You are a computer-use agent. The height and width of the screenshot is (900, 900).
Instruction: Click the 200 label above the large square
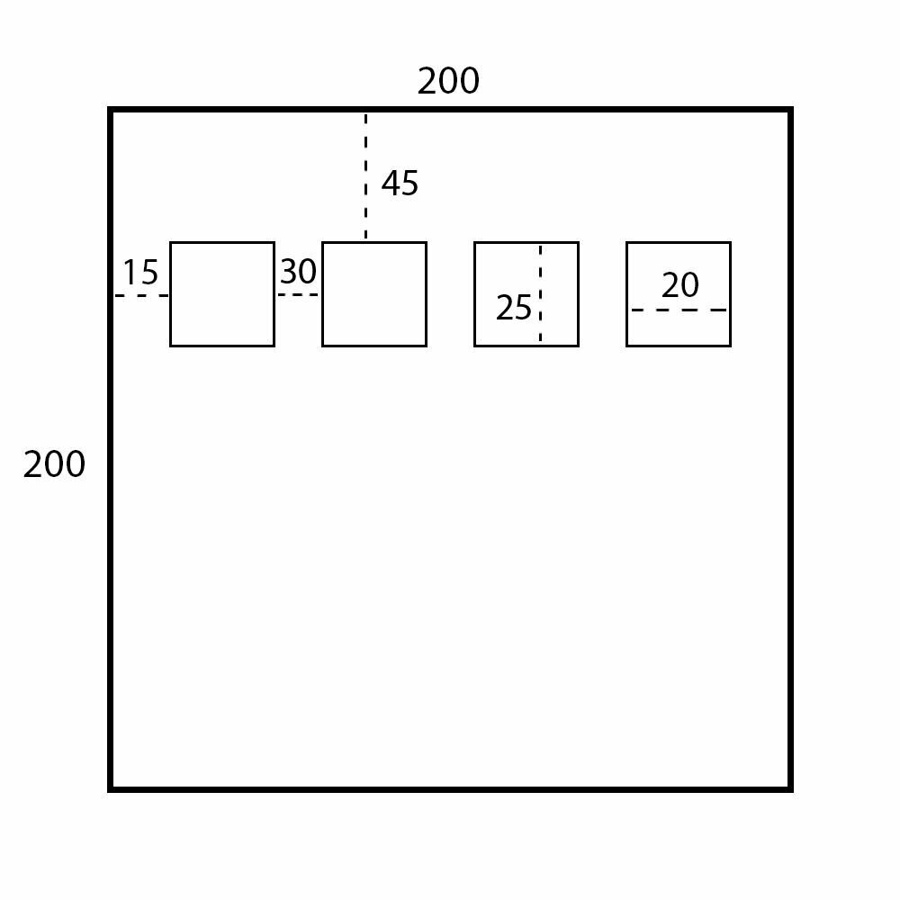coord(448,82)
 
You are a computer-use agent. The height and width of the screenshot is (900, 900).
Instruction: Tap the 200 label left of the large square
coord(54,464)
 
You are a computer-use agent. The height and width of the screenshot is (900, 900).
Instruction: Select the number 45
coord(400,184)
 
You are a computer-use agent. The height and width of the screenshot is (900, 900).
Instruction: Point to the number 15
coord(140,271)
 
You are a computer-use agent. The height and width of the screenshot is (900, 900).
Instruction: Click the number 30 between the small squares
coord(298,271)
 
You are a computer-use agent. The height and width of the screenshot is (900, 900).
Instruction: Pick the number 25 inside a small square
coord(514,308)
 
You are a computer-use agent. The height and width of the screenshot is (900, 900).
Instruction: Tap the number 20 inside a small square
coord(679,285)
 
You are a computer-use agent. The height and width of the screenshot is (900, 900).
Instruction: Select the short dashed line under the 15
coord(141,295)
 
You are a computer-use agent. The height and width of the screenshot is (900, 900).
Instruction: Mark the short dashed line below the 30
coord(298,294)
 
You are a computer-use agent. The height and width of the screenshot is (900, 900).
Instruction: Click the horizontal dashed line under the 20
coord(679,310)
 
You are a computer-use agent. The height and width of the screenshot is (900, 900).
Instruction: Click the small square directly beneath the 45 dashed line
coord(374,294)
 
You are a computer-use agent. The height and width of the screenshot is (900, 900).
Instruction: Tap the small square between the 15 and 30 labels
coord(222,294)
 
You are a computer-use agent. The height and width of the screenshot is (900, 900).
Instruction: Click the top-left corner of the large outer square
coord(111,110)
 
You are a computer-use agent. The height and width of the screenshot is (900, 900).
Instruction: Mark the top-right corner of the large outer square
coord(790,110)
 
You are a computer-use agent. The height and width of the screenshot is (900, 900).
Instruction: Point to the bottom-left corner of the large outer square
coord(111,789)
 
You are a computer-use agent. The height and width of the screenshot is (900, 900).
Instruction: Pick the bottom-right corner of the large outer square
coord(790,789)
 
